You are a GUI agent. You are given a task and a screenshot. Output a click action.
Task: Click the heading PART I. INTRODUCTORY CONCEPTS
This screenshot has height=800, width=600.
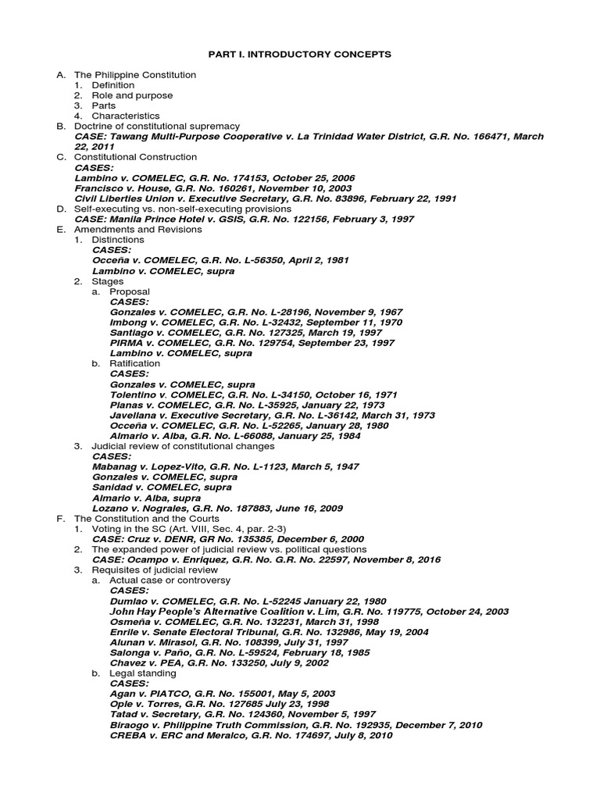299,54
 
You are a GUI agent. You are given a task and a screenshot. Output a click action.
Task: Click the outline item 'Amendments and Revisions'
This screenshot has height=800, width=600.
137,230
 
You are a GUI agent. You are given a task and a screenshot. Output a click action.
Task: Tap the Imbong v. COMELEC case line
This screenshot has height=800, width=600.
256,322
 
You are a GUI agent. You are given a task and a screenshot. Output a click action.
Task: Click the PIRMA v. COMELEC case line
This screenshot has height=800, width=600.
252,343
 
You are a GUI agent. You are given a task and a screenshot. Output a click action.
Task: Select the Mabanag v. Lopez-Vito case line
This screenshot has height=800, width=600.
226,466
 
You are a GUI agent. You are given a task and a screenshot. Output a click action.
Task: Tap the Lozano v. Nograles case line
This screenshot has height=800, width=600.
217,508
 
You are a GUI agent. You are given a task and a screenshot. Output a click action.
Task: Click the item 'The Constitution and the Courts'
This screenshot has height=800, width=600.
146,518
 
